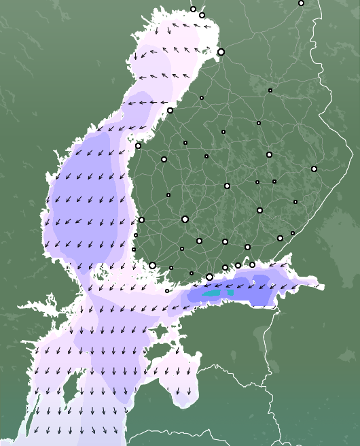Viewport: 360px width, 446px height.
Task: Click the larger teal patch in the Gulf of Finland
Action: tap(212, 293)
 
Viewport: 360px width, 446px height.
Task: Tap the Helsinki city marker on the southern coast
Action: tap(209, 277)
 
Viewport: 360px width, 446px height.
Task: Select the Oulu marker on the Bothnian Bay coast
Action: tap(221, 52)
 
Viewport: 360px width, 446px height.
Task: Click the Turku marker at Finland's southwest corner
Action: tap(152, 265)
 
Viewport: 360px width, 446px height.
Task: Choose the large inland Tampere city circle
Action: tap(185, 219)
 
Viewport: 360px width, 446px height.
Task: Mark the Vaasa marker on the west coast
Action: tap(138, 145)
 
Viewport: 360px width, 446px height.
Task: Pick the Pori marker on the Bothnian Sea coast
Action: tap(141, 220)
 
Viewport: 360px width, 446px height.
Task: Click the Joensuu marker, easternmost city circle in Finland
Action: tap(314, 169)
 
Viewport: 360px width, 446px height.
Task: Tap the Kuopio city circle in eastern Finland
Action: tap(269, 154)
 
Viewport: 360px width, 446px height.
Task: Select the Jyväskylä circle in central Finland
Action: tap(227, 186)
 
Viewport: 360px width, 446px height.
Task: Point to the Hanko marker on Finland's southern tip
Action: tap(167, 291)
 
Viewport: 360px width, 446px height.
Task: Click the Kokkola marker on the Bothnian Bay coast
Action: tap(170, 110)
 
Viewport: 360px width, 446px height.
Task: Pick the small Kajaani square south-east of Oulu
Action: tap(270, 90)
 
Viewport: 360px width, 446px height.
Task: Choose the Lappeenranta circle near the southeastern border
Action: tap(280, 238)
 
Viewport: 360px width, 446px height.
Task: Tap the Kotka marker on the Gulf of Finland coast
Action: tap(252, 264)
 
